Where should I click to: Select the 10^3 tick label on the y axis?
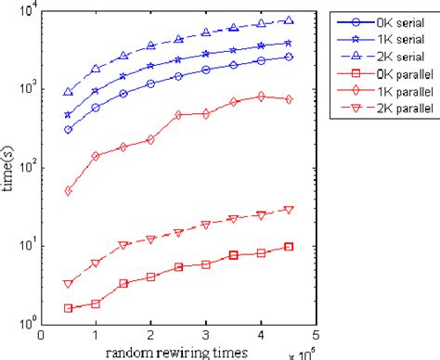pos(27,89)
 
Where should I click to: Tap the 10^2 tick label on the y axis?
pos(27,168)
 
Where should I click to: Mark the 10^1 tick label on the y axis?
pos(27,246)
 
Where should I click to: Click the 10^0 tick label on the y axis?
pos(27,324)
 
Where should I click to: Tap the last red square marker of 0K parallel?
pos(290,246)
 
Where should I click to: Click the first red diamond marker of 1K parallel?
pos(69,190)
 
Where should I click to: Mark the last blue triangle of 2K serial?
pos(290,20)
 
